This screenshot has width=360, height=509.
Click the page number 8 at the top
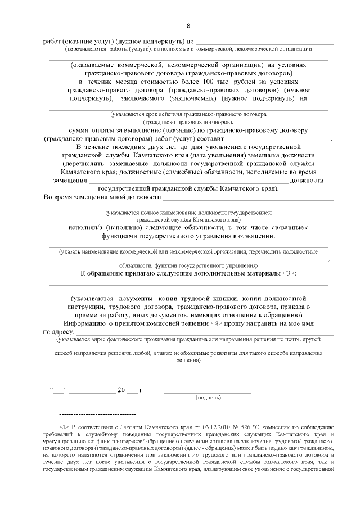[x=188, y=26]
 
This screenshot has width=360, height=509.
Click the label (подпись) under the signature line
[x=208, y=397]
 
